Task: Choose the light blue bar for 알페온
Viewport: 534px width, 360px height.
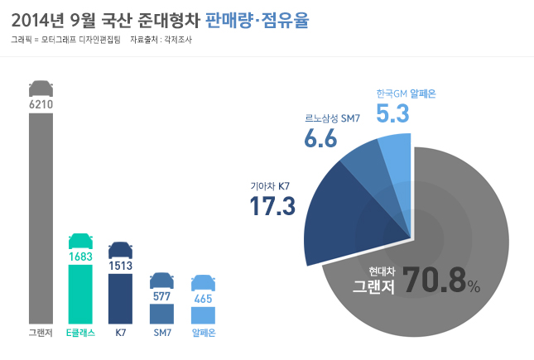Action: (x=203, y=315)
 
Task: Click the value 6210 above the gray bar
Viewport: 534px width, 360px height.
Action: (x=41, y=105)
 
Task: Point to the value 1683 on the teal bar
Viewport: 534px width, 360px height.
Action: (x=80, y=257)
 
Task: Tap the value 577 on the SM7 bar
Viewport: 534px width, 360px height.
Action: (x=161, y=295)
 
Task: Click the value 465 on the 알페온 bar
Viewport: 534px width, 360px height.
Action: (x=203, y=298)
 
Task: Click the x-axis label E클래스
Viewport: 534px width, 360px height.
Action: (x=80, y=333)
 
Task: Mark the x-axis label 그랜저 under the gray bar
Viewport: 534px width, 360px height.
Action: (x=41, y=333)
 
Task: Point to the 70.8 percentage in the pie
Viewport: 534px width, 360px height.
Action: (x=434, y=281)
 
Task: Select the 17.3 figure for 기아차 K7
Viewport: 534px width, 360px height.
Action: (x=272, y=206)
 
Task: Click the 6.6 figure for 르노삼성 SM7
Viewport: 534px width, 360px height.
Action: (x=320, y=138)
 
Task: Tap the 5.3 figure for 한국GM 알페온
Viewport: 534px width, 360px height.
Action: (x=392, y=113)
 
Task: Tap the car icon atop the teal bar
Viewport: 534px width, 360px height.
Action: (x=80, y=239)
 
